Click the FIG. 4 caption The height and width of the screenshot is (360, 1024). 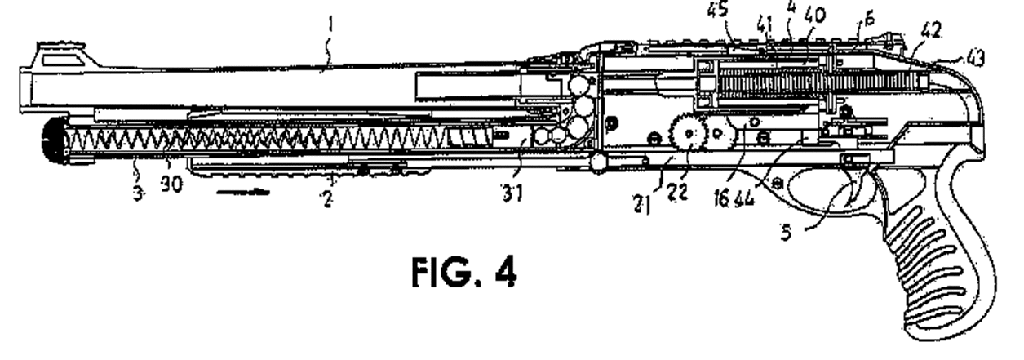[x=464, y=272]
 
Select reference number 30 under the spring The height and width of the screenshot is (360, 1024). [x=172, y=184]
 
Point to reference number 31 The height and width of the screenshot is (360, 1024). [x=512, y=193]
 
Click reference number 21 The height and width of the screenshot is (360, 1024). [x=642, y=204]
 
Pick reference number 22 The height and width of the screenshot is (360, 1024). [x=677, y=192]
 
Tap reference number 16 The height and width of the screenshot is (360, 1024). [x=722, y=199]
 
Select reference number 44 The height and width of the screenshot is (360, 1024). [x=744, y=199]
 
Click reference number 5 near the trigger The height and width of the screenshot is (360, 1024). [x=786, y=233]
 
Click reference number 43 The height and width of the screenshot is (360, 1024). [x=973, y=59]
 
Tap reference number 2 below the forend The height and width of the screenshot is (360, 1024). [x=327, y=200]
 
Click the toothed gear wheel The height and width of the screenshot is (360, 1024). [x=689, y=134]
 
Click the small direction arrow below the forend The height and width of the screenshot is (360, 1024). [x=242, y=193]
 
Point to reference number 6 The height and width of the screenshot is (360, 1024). [x=869, y=19]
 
